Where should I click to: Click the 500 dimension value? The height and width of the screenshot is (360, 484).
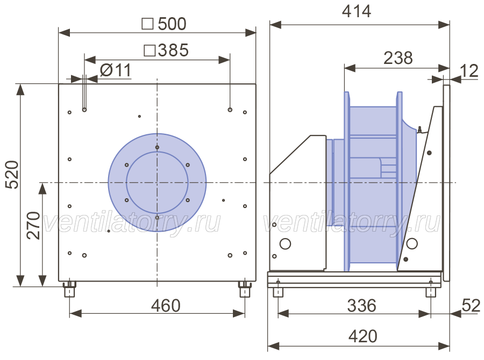(x=172, y=24)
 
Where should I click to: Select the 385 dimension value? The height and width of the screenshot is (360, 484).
(x=173, y=50)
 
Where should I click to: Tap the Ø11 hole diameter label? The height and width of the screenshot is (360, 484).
(x=116, y=70)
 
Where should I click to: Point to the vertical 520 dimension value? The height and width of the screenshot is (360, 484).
(x=13, y=174)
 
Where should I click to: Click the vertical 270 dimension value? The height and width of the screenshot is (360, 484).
(x=34, y=226)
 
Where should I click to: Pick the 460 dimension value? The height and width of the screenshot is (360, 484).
(x=166, y=305)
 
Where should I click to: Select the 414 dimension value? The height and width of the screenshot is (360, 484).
(x=357, y=11)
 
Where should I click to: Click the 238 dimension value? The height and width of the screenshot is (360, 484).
(x=398, y=57)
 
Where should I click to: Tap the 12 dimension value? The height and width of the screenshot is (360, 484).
(x=469, y=71)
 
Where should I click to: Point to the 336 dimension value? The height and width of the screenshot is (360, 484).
(x=362, y=305)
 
